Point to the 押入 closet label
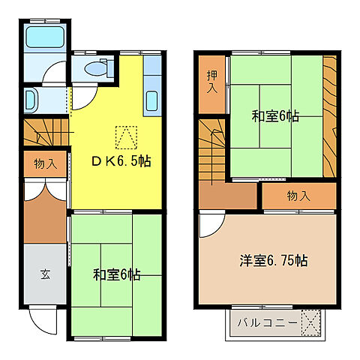click(x=212, y=81)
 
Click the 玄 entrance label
click(x=44, y=274)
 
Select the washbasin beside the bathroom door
click(x=32, y=99)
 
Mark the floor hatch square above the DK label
click(x=126, y=137)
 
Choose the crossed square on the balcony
click(x=311, y=323)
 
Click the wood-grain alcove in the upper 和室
click(x=329, y=116)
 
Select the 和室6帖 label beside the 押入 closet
click(x=276, y=116)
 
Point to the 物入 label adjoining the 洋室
click(x=298, y=196)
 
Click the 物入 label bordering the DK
click(x=44, y=164)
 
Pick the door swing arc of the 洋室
click(x=211, y=224)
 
